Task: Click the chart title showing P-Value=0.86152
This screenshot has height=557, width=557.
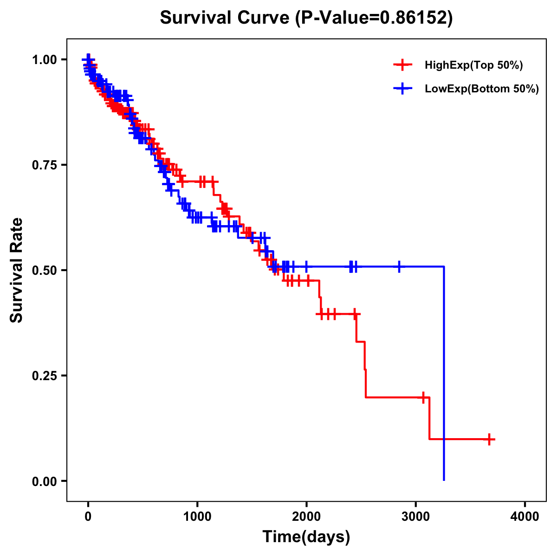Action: [306, 18]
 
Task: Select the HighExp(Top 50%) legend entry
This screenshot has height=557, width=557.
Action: [473, 65]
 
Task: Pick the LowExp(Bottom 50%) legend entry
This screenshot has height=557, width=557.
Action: [482, 89]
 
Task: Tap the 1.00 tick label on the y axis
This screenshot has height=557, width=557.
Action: [44, 59]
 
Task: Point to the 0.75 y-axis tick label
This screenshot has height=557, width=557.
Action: [44, 165]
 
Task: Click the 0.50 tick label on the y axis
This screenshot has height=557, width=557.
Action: [44, 270]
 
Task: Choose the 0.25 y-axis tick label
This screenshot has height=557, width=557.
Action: [44, 376]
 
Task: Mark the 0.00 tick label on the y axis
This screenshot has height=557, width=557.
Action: [44, 481]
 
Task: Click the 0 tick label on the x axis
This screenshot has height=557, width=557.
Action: [88, 517]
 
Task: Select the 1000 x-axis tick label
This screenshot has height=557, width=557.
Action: [197, 517]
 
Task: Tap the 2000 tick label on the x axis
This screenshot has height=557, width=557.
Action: [306, 517]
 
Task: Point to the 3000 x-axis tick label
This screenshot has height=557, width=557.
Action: [416, 517]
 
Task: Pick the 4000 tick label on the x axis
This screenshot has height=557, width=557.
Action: [525, 517]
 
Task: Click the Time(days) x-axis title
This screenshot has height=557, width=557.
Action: [306, 537]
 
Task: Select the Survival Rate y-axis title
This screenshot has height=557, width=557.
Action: [17, 270]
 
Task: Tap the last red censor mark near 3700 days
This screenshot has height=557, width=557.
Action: [489, 439]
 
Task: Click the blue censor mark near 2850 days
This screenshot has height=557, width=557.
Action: [399, 267]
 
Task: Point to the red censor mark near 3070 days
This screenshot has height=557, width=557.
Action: [423, 397]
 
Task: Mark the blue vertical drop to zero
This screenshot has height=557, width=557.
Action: [444, 371]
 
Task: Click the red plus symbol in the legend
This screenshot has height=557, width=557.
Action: [402, 65]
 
